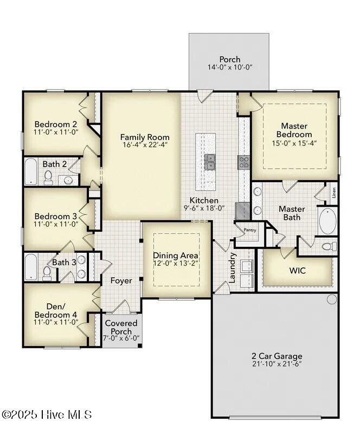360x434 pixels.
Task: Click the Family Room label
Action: point(145,137)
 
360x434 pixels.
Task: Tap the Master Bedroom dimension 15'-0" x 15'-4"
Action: point(294,143)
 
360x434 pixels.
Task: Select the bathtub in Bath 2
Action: point(30,171)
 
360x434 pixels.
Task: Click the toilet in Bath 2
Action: point(48,177)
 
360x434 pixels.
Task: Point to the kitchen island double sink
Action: point(210,162)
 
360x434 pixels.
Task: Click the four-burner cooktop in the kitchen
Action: point(243,162)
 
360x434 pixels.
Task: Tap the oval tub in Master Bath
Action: point(327,221)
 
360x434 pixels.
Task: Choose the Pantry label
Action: point(250,230)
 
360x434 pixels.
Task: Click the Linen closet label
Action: point(334,193)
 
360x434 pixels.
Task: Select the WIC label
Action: point(298,270)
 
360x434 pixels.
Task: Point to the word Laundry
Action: point(232,267)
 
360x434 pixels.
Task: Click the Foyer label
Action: point(121,280)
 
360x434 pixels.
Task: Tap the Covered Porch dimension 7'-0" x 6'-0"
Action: point(121,338)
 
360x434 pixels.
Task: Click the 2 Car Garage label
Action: point(277,356)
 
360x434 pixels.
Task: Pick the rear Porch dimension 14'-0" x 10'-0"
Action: point(230,67)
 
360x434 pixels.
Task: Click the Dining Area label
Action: point(176,256)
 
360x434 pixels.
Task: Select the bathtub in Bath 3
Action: point(30,267)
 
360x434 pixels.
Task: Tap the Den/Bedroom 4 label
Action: point(56,310)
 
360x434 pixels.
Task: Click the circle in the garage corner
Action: point(332,299)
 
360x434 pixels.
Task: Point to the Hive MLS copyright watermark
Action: point(47,414)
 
